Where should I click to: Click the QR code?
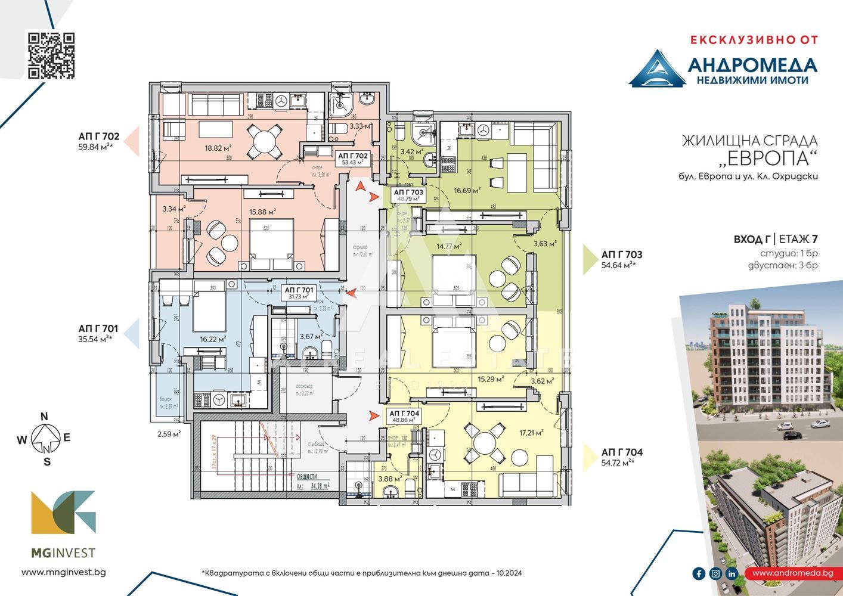[x=52, y=55]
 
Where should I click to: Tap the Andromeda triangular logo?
[x=656, y=70]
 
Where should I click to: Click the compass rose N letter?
[x=44, y=417]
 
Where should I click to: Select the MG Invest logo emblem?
[x=63, y=512]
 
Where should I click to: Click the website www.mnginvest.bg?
[x=63, y=572]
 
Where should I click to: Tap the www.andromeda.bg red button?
[x=792, y=573]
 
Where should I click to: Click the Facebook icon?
[x=699, y=573]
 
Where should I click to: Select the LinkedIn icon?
[x=732, y=573]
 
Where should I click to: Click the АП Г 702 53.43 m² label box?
[x=353, y=159]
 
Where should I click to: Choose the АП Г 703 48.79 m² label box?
[x=408, y=195]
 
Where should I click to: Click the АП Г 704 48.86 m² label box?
[x=404, y=416]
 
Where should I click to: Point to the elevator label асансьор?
[x=303, y=386]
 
